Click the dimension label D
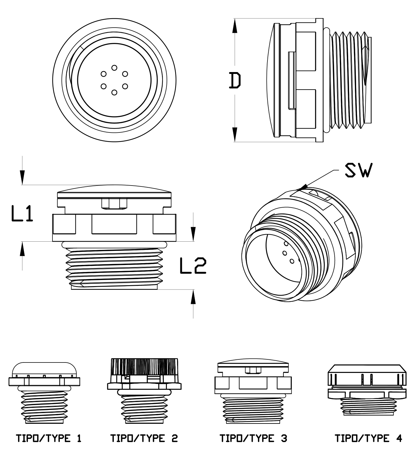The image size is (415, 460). click(x=235, y=80)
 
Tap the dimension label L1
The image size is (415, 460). click(x=22, y=213)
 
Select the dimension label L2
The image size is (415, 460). click(x=193, y=266)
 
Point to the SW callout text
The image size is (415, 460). click(x=359, y=170)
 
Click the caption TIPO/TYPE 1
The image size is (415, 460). click(x=49, y=438)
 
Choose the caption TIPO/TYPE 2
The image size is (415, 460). click(x=144, y=438)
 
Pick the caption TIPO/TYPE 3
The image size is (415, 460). click(x=253, y=438)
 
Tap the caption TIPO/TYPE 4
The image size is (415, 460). click(x=369, y=438)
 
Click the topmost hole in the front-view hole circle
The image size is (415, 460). click(x=114, y=68)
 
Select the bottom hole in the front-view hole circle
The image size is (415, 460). click(x=114, y=92)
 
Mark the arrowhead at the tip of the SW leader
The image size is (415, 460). click(x=303, y=187)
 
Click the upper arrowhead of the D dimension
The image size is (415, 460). click(x=235, y=26)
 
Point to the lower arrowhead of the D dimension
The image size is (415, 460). click(x=235, y=135)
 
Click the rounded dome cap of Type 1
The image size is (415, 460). click(x=44, y=370)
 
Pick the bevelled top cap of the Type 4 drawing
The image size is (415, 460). click(x=367, y=375)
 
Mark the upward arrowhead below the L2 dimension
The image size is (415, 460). click(x=193, y=297)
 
